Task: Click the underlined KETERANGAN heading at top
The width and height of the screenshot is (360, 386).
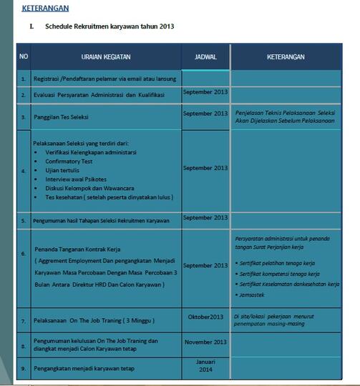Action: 45,8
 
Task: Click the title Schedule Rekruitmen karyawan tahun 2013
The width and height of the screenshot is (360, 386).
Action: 110,26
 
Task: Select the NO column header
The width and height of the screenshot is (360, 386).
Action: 24,56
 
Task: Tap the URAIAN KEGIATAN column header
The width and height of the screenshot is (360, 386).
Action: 105,56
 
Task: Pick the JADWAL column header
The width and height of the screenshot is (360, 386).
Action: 205,56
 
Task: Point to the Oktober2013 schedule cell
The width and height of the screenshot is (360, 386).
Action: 205,317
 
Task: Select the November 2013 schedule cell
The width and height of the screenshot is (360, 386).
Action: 205,342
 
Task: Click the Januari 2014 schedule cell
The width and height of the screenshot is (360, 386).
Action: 205,366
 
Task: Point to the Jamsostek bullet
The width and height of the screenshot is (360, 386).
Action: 255,294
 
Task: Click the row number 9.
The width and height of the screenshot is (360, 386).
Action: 24,370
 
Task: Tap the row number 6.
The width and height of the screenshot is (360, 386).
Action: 24,254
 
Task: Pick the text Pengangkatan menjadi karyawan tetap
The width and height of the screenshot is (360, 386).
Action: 88,369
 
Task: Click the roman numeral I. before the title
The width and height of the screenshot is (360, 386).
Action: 31,26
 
